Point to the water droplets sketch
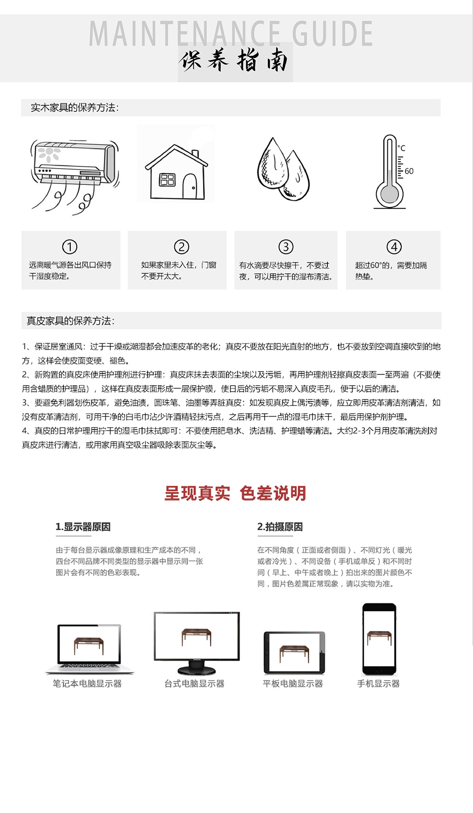click(283, 169)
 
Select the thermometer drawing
click(390, 172)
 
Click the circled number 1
click(70, 247)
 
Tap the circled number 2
click(181, 247)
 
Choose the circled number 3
click(286, 247)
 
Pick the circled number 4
click(394, 247)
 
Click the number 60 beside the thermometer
click(409, 171)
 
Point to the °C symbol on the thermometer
click(401, 148)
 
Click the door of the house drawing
click(190, 186)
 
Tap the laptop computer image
click(89, 649)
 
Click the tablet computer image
click(294, 652)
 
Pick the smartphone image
click(379, 638)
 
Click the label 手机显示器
click(378, 684)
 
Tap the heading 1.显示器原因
click(83, 527)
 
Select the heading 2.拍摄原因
click(280, 527)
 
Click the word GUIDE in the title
click(332, 34)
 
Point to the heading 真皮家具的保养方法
click(70, 321)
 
